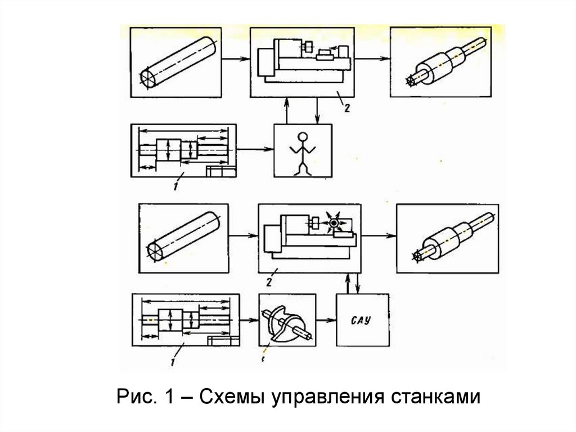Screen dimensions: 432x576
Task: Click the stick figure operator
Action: tap(303, 152)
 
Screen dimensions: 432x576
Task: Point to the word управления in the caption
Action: tap(327, 398)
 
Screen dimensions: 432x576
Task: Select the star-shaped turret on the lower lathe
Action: tap(336, 223)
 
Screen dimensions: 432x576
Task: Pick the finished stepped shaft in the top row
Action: tap(444, 62)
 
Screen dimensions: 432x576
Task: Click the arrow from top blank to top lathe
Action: tap(235, 58)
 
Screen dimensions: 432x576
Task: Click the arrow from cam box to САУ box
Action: tap(326, 320)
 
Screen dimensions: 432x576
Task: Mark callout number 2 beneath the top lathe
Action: tap(347, 107)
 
